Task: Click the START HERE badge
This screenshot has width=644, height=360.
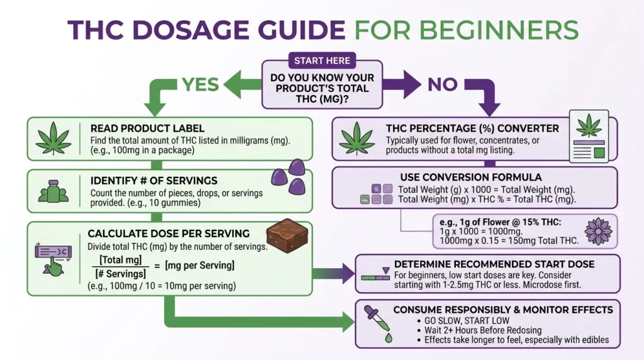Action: pyautogui.click(x=322, y=61)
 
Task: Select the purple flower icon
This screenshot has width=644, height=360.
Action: pyautogui.click(x=598, y=230)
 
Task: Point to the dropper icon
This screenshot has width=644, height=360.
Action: pyautogui.click(x=380, y=322)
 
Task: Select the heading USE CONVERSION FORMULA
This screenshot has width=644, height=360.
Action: pyautogui.click(x=470, y=177)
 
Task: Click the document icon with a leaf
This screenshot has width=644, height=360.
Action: pyautogui.click(x=589, y=137)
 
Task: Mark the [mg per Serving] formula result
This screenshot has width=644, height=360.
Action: pyautogui.click(x=199, y=266)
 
